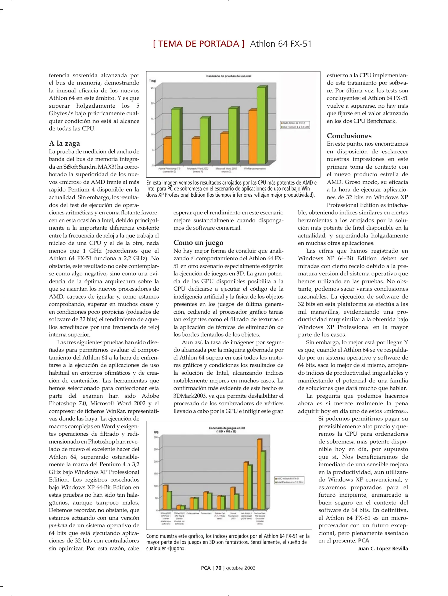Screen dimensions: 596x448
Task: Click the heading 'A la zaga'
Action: (64, 143)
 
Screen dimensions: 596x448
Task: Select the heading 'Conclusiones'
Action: (349, 136)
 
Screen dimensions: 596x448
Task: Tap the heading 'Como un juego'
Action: (198, 243)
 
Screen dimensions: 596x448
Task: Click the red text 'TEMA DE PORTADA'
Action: (199, 44)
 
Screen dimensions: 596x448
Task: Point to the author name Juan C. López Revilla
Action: (382, 548)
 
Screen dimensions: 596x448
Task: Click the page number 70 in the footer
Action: (218, 568)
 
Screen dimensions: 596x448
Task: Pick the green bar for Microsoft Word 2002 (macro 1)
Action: (204, 141)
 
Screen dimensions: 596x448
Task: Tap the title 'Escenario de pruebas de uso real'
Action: (229, 76)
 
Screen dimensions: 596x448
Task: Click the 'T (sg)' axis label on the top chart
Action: (153, 81)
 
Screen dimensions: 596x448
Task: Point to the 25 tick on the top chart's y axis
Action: (152, 88)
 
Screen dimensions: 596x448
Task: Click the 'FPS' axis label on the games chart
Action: (156, 432)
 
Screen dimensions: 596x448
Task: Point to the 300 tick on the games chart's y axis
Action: (156, 437)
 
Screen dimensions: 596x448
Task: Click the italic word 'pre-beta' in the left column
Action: (58, 525)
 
